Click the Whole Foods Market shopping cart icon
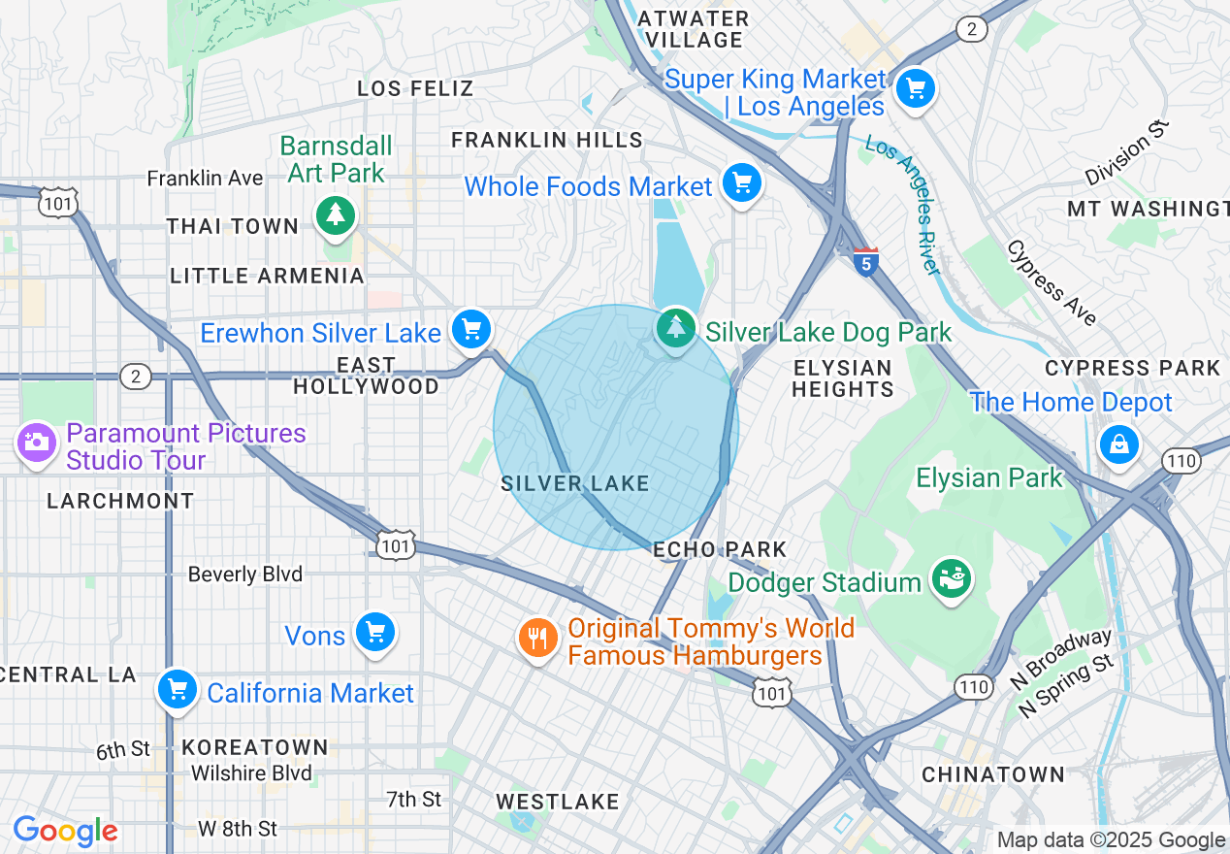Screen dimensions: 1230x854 pyautogui.click(x=742, y=182)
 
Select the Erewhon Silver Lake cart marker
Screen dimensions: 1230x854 pyautogui.click(x=471, y=330)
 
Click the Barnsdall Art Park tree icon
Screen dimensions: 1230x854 pyautogui.click(x=336, y=214)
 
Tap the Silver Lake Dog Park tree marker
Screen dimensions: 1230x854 pyautogui.click(x=675, y=328)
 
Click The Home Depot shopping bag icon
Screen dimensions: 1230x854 pyautogui.click(x=1118, y=444)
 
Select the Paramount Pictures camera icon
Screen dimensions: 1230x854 pyautogui.click(x=37, y=443)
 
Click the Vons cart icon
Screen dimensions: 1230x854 pyautogui.click(x=374, y=633)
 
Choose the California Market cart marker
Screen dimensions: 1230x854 pyautogui.click(x=177, y=690)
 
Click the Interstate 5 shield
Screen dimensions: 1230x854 pyautogui.click(x=866, y=262)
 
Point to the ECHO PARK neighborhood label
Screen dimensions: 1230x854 pyautogui.click(x=720, y=550)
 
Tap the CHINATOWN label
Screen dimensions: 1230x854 pyautogui.click(x=993, y=774)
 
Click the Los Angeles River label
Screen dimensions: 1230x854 pyautogui.click(x=903, y=205)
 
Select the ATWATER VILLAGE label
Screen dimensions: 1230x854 pyautogui.click(x=694, y=29)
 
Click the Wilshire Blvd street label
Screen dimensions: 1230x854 pyautogui.click(x=251, y=773)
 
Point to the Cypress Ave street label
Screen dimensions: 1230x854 pyautogui.click(x=1052, y=282)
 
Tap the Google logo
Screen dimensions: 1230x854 pyautogui.click(x=65, y=832)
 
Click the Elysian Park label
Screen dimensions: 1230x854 pyautogui.click(x=989, y=477)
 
